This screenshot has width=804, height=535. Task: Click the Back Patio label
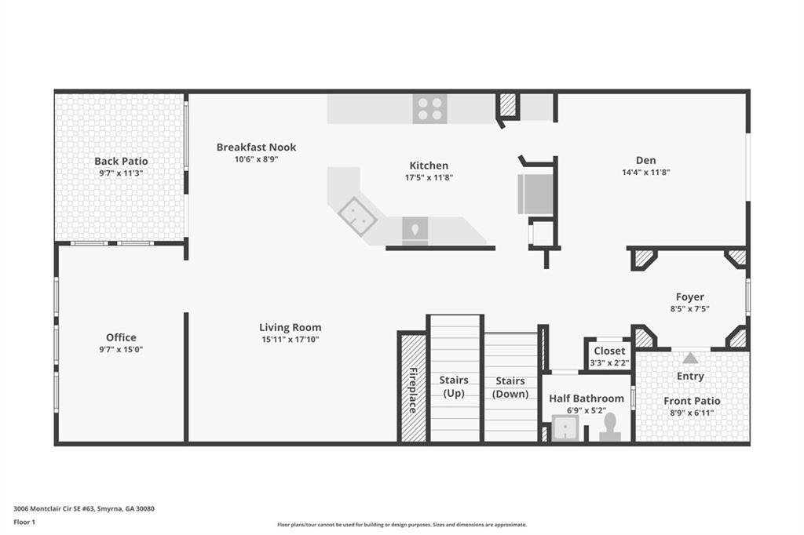click(121, 161)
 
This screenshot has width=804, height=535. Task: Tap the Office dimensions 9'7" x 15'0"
click(121, 349)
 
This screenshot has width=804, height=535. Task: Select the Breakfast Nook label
click(256, 147)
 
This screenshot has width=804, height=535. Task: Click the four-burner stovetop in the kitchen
click(430, 109)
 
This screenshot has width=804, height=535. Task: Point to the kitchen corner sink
click(356, 216)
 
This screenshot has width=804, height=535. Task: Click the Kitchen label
click(429, 166)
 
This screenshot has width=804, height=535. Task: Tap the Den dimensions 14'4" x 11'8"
click(646, 172)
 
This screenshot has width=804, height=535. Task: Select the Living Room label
click(290, 327)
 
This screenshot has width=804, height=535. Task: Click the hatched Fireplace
click(412, 388)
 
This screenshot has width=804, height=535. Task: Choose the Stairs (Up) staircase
click(455, 379)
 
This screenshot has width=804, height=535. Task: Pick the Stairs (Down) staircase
click(510, 388)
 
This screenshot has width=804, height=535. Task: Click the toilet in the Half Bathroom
click(610, 427)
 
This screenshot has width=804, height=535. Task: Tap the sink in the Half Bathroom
click(565, 428)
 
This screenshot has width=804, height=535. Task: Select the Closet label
click(609, 351)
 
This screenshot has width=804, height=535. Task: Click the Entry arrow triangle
click(689, 358)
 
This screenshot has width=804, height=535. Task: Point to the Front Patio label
click(691, 401)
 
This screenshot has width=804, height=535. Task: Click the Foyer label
click(689, 297)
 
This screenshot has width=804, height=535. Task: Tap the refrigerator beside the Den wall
click(535, 194)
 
